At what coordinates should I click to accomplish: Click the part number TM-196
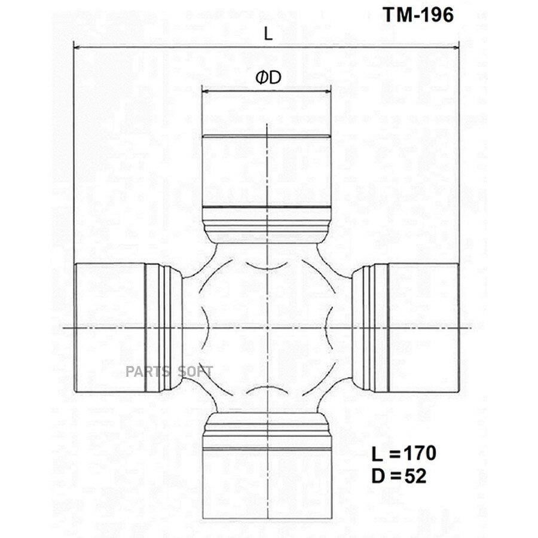(x=418, y=15)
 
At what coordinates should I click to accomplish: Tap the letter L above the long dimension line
(x=268, y=34)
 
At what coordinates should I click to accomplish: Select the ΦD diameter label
(x=268, y=78)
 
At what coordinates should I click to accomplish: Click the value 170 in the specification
(x=420, y=453)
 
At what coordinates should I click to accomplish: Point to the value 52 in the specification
(x=415, y=476)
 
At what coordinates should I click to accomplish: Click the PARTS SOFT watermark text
(x=169, y=371)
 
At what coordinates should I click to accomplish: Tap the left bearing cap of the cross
(x=110, y=328)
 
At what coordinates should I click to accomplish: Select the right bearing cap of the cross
(x=423, y=328)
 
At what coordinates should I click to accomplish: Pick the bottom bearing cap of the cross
(x=267, y=484)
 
